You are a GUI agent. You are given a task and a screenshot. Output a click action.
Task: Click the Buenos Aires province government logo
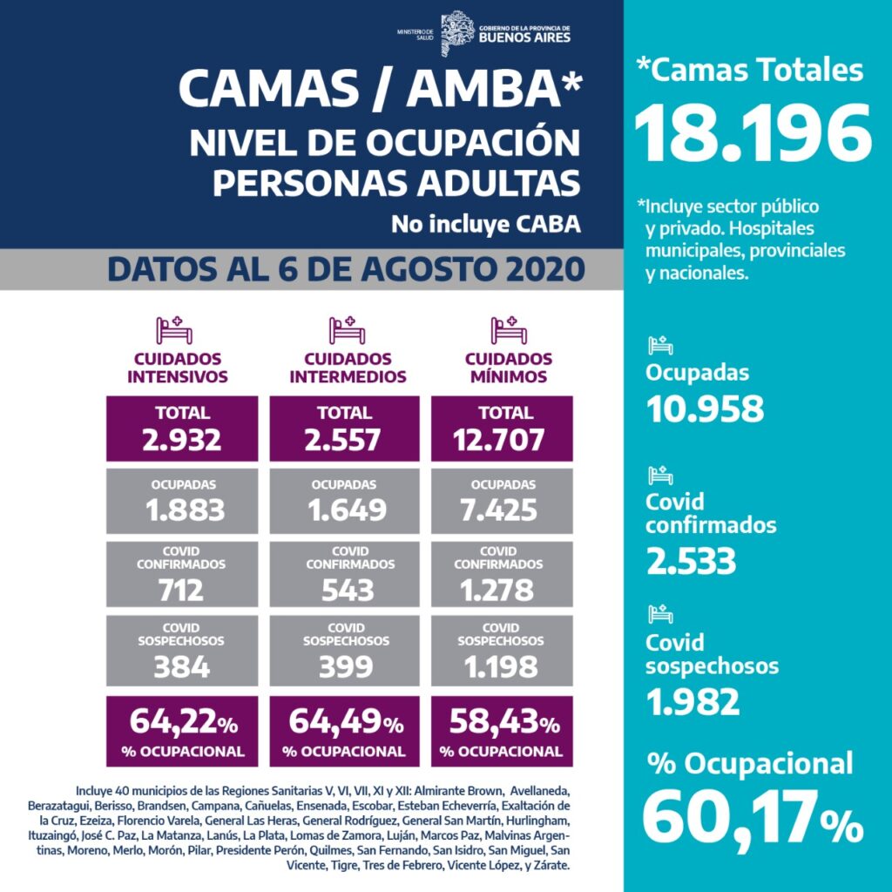pyautogui.click(x=457, y=33)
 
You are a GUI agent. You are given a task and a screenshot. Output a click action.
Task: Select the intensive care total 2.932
pyautogui.click(x=182, y=440)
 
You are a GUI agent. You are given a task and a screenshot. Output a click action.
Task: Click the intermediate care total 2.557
pyautogui.click(x=344, y=440)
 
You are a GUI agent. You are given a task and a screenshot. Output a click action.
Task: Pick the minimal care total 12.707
pyautogui.click(x=502, y=440)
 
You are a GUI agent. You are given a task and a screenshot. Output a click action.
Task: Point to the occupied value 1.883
pyautogui.click(x=182, y=510)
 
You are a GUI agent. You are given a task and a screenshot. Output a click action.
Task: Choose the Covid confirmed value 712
pyautogui.click(x=182, y=590)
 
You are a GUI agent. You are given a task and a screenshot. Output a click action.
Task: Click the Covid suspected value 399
pyautogui.click(x=344, y=667)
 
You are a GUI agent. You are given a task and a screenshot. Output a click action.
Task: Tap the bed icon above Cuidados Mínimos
pyautogui.click(x=509, y=330)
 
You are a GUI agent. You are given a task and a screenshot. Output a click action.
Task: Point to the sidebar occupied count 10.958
pyautogui.click(x=705, y=408)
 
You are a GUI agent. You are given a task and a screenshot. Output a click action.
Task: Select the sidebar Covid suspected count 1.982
pyautogui.click(x=693, y=701)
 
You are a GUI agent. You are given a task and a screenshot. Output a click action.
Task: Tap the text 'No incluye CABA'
pyautogui.click(x=485, y=224)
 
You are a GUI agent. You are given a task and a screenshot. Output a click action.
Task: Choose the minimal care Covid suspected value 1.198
pyautogui.click(x=502, y=667)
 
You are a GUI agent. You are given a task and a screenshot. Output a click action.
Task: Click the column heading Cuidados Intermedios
pyautogui.click(x=348, y=368)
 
